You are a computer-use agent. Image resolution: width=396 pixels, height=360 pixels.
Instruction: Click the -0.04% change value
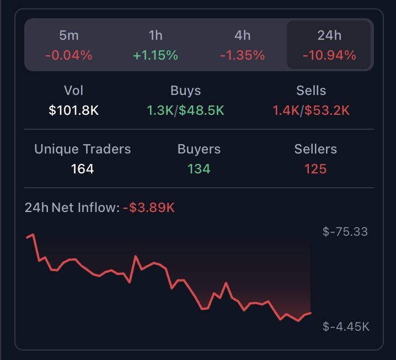point(68,55)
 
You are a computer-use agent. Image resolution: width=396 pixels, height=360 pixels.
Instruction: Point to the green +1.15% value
point(156,55)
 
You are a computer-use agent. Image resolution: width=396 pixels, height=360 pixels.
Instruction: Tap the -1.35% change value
point(242,55)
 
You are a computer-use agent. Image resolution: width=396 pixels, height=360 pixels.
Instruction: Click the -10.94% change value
point(329,55)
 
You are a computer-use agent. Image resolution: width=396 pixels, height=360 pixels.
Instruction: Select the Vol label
point(73,91)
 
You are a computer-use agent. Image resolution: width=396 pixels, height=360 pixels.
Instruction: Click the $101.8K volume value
point(73,110)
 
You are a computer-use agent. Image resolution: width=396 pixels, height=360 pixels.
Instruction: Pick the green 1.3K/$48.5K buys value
point(185,110)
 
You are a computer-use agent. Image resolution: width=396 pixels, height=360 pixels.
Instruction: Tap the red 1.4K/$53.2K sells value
point(311,110)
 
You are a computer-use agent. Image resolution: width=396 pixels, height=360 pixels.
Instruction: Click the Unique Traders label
point(83,149)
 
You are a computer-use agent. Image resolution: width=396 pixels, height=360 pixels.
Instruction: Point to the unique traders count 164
point(83,169)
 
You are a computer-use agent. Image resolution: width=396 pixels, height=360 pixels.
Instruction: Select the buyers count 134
point(199,169)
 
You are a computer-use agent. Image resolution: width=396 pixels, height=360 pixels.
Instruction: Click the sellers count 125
point(315,169)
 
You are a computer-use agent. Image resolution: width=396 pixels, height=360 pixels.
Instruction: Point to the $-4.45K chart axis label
point(346,327)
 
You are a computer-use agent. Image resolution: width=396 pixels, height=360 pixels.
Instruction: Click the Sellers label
point(315,149)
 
